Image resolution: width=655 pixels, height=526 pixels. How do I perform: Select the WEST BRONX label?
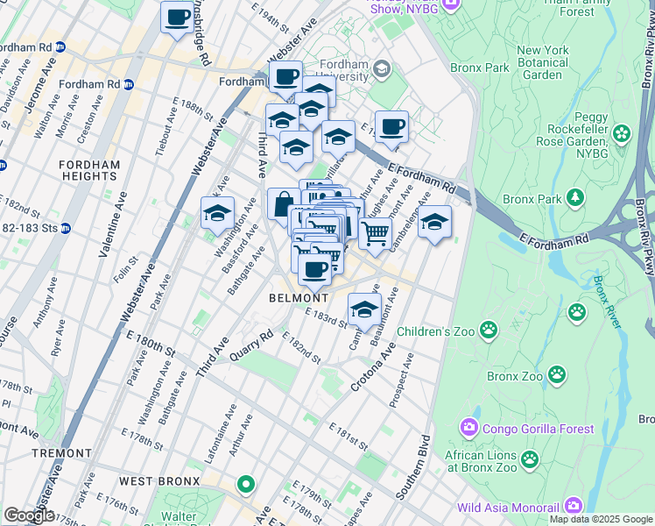click(x=159, y=481)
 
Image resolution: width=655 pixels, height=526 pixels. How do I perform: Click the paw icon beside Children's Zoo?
click(x=489, y=331)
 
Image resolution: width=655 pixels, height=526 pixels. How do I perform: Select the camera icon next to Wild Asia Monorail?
click(x=574, y=505)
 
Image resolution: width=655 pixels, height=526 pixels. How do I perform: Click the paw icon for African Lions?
click(x=530, y=458)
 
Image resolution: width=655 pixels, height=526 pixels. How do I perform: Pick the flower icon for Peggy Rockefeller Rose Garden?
click(x=622, y=134)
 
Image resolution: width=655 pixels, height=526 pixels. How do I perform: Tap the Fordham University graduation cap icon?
click(x=381, y=68)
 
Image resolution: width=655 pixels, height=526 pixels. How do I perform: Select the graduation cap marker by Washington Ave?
click(x=217, y=213)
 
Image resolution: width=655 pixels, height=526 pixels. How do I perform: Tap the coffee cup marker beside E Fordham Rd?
click(x=391, y=126)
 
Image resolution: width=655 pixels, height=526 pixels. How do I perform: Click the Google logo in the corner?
click(x=29, y=515)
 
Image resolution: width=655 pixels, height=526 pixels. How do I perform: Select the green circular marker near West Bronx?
click(x=246, y=484)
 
